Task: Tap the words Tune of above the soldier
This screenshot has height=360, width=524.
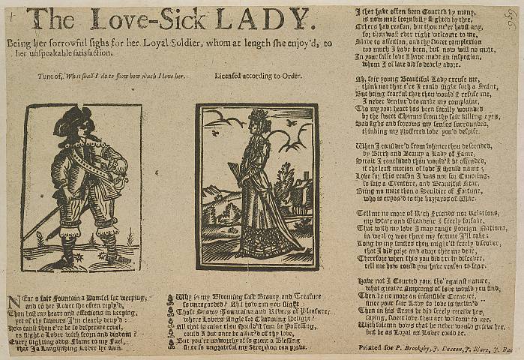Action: (x=52, y=76)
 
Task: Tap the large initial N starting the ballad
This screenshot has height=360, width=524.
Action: (x=12, y=303)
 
